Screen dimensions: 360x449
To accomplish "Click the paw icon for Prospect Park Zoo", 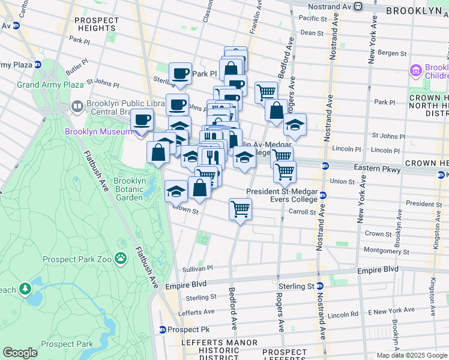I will (121, 258).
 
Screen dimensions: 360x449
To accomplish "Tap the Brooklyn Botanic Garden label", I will (130, 189).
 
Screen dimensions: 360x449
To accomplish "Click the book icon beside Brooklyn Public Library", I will (77, 107).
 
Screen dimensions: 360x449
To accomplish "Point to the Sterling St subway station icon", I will (320, 286).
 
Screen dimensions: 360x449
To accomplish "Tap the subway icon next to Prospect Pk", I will (162, 329).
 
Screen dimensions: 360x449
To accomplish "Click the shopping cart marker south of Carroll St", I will (240, 210).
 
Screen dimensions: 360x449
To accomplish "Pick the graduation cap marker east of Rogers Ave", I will (295, 125).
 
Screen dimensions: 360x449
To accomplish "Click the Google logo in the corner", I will (20, 353).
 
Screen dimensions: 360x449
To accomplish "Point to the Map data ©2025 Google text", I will (412, 355).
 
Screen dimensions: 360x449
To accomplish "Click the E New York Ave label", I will (391, 310).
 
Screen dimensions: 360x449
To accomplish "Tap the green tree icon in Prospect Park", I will (25, 290).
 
